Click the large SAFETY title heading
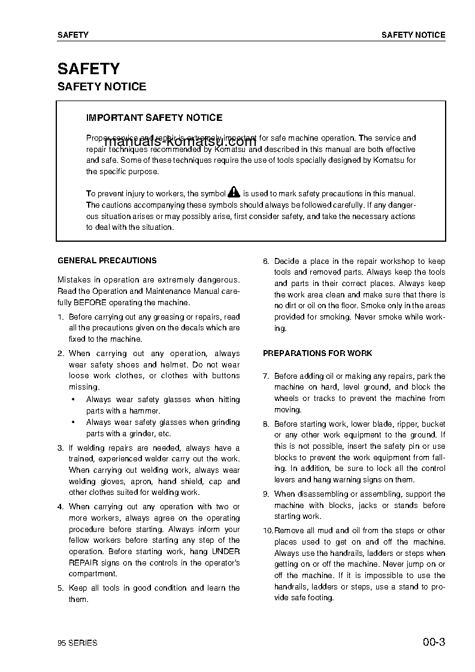(88, 68)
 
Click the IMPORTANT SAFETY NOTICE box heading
(154, 118)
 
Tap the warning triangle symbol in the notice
(234, 193)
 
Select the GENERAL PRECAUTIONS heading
(107, 261)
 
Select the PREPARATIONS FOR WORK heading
(317, 354)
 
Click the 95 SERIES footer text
(77, 643)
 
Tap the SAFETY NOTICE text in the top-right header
(413, 35)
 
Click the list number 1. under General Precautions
(60, 317)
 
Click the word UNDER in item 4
(226, 552)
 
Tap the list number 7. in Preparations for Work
(266, 376)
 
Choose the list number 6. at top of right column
(266, 261)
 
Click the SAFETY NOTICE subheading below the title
(101, 87)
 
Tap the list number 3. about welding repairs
(60, 448)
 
